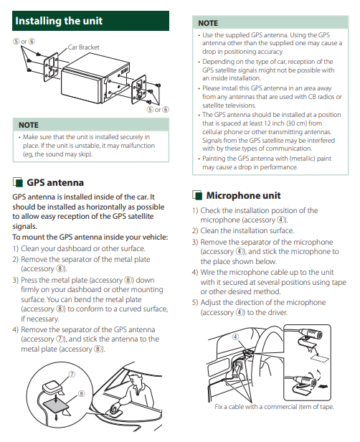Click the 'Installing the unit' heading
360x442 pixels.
(x=59, y=21)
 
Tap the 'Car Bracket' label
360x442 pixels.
(x=84, y=47)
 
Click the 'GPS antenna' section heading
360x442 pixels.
(x=55, y=183)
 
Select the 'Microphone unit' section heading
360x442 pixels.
(x=243, y=195)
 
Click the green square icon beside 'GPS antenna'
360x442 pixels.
(x=17, y=182)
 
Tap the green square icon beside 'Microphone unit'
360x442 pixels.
(x=197, y=195)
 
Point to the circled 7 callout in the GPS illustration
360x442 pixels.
(x=72, y=375)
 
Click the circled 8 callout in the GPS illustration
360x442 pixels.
(x=81, y=393)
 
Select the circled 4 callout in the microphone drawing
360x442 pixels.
(x=235, y=337)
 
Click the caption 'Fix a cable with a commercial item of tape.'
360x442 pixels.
(x=274, y=407)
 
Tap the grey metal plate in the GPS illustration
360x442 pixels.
(x=57, y=405)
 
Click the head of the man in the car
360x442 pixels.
(x=133, y=379)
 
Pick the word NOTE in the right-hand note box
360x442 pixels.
(x=208, y=23)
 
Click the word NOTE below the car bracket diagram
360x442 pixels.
(x=29, y=125)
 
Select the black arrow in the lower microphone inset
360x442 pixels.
(x=323, y=386)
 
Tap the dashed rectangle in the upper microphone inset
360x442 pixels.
(x=320, y=358)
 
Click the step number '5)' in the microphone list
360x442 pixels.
(x=195, y=303)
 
